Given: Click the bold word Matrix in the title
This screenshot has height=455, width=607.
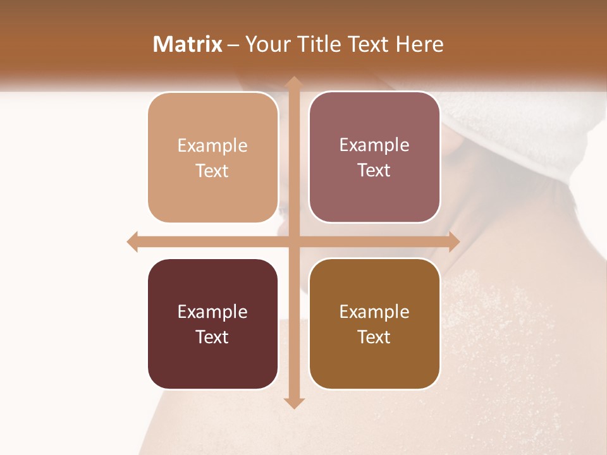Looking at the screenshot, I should (187, 44).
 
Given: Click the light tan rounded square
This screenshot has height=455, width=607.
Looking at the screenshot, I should (213, 157).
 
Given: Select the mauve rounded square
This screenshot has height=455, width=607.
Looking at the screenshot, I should (374, 157).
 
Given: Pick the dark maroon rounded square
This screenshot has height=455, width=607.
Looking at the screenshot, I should (213, 324).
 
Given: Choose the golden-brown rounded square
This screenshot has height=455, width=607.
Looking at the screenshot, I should (374, 324).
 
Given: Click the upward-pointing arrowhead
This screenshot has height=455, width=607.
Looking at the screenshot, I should (293, 82).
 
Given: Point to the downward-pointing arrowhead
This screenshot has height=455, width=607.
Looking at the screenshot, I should (293, 403).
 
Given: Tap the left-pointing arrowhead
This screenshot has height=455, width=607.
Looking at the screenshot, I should (133, 241).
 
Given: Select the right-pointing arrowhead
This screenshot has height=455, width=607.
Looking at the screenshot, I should (453, 241).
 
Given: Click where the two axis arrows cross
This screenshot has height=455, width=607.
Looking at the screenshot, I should (293, 241).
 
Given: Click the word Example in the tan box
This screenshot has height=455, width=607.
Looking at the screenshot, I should (212, 146).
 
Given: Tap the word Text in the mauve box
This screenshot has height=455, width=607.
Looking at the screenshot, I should (374, 171).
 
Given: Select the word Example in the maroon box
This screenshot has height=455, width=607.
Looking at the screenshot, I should (212, 312).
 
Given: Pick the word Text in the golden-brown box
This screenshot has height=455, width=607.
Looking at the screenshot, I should (374, 337).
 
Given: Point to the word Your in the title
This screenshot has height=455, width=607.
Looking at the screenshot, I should (266, 44).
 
